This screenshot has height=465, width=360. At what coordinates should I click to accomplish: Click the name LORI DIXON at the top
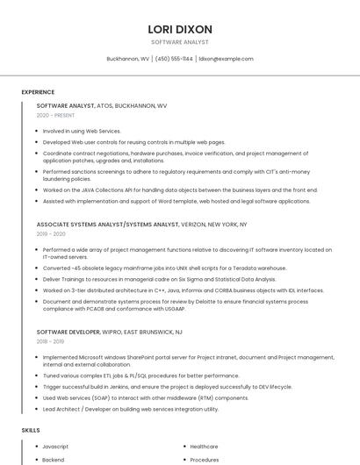[x=180, y=29]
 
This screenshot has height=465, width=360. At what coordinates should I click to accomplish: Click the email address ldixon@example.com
[x=226, y=59]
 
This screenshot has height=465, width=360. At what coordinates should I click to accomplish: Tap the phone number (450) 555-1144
[x=175, y=59]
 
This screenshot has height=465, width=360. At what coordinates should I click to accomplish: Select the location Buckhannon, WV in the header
[x=127, y=59]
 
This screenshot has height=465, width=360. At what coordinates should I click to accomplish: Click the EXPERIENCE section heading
[x=38, y=92]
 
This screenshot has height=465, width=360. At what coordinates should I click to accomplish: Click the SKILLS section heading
[x=31, y=431]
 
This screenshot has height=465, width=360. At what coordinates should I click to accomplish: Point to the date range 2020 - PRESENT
[x=55, y=115]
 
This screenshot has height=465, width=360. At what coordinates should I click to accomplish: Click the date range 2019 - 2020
[x=51, y=234]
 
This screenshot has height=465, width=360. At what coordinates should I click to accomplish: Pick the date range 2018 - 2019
[x=50, y=342]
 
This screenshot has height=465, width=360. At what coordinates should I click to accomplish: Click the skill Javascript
[x=55, y=447]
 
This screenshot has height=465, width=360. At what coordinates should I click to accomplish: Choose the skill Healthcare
[x=204, y=447]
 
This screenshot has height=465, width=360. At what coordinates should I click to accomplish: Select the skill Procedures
[x=205, y=460]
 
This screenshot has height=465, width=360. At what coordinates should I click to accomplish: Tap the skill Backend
[x=53, y=460]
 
